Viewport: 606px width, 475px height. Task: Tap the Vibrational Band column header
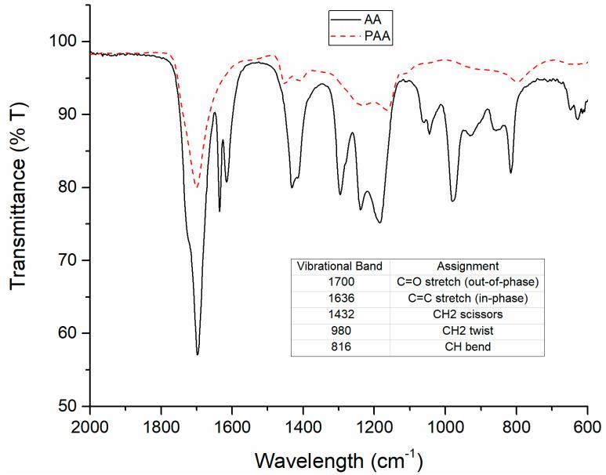[339, 266]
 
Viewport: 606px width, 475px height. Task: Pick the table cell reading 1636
[339, 297]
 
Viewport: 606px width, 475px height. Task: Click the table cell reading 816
[339, 345]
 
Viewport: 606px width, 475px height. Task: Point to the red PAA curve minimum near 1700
[197, 187]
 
